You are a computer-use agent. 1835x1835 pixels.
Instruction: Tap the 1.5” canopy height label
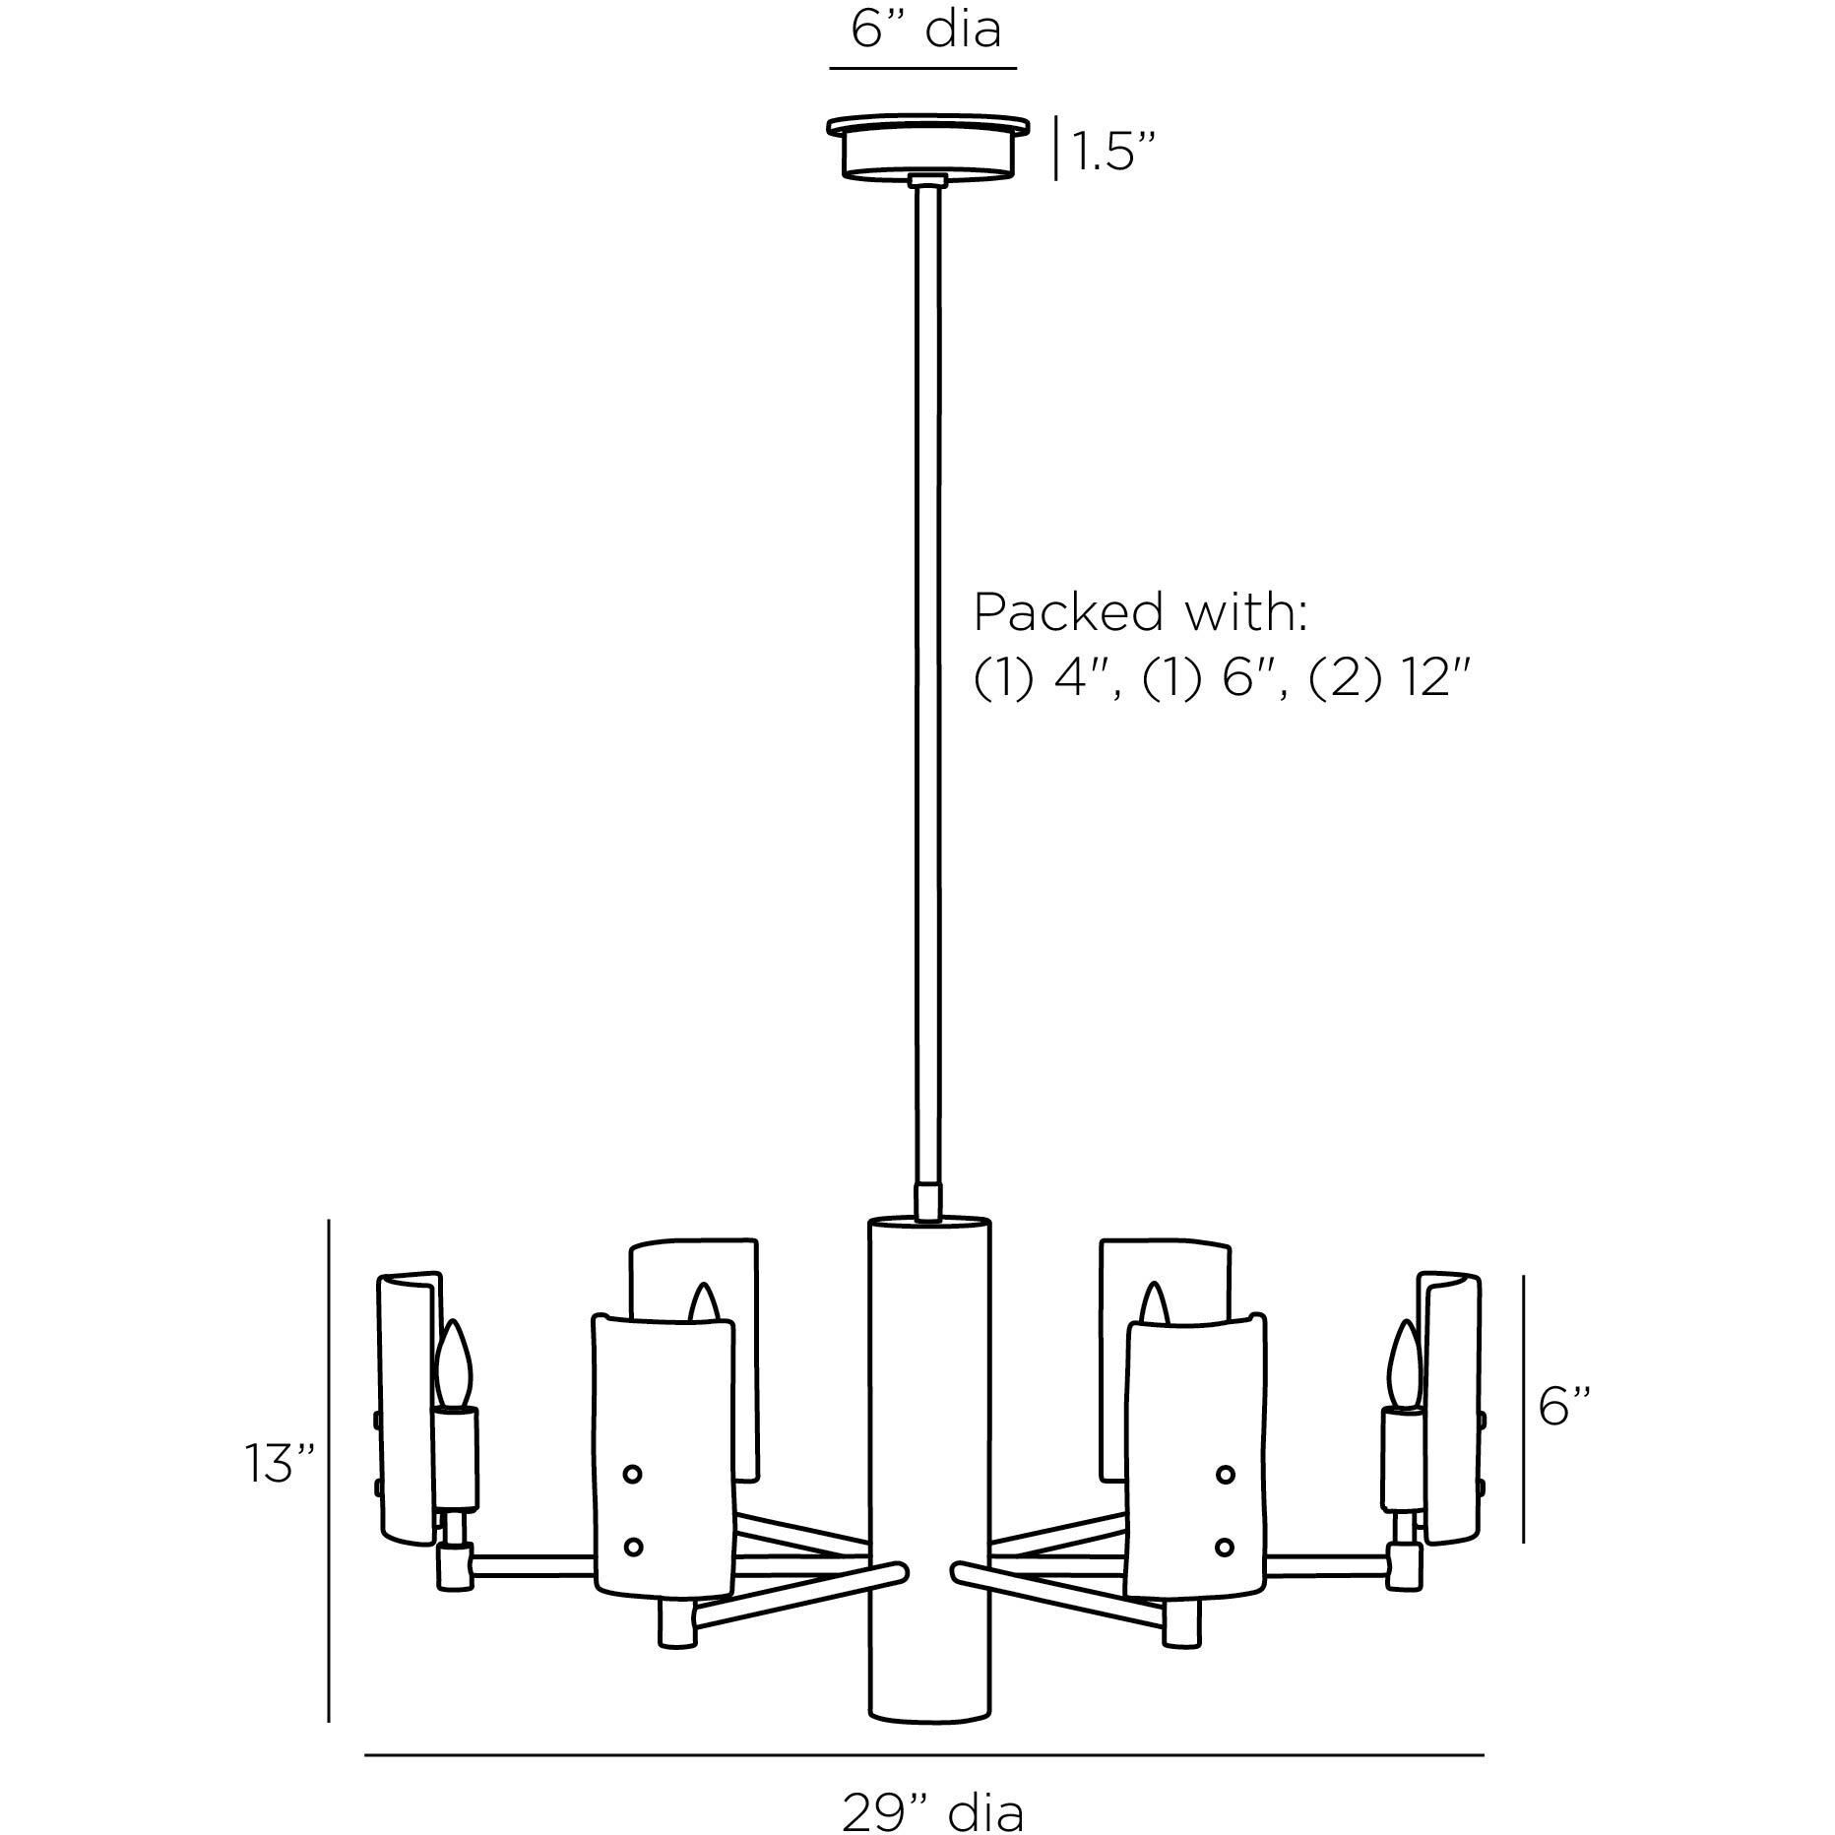point(1112,152)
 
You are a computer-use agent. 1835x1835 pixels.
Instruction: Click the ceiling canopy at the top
point(927,149)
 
